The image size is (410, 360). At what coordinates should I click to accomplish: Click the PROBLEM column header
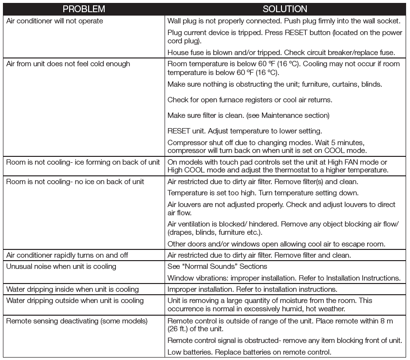point(84,9)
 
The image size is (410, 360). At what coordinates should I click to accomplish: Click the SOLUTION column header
point(285,9)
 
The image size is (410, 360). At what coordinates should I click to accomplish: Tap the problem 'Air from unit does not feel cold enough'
point(68,64)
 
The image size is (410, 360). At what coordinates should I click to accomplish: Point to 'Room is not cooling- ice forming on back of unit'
point(83,162)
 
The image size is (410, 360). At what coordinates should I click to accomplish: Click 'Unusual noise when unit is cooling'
point(61,266)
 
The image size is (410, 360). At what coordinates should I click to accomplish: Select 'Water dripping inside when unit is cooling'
point(73,289)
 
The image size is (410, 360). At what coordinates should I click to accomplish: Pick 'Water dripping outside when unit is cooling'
point(75,301)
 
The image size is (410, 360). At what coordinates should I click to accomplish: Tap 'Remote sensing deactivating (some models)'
point(76,321)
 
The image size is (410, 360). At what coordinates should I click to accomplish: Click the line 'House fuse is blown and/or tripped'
point(281,53)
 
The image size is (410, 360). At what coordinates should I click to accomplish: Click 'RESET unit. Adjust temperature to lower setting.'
point(244,131)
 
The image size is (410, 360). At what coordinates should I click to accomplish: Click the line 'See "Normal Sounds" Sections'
point(217,266)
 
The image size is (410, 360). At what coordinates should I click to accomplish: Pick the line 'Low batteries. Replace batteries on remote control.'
point(249,352)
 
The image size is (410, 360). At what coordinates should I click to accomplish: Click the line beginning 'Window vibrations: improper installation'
point(284,278)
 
